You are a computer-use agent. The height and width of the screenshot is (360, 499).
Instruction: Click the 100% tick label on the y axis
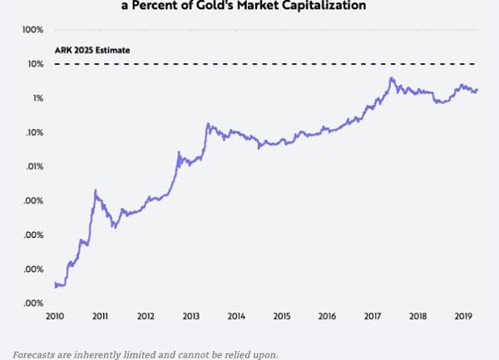[32, 30]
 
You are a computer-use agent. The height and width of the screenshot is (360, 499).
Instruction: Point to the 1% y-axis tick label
[37, 98]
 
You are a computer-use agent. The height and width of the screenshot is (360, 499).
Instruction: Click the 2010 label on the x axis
[55, 317]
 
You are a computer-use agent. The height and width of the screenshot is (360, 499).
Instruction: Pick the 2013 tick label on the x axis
[190, 317]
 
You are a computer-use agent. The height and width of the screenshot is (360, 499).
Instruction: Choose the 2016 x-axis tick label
[327, 317]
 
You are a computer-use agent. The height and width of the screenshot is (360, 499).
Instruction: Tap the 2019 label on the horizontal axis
[462, 317]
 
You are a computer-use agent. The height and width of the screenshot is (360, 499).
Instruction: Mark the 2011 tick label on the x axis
[100, 317]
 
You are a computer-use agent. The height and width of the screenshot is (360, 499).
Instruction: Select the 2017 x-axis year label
[372, 317]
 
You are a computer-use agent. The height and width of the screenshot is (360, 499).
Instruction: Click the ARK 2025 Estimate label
[91, 50]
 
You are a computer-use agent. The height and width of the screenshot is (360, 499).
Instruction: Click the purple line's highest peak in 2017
[391, 79]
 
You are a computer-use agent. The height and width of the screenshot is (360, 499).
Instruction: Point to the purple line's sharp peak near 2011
[96, 190]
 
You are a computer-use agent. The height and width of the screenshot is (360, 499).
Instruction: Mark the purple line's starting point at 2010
[55, 284]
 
